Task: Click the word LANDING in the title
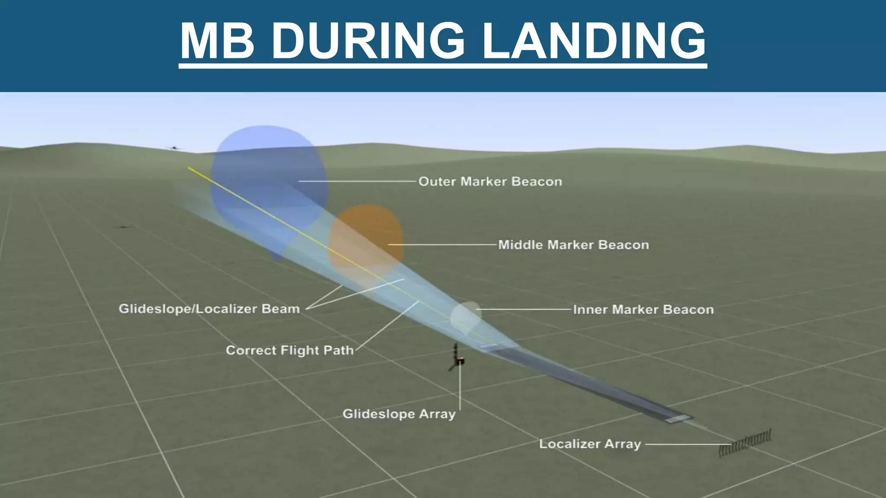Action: (594, 41)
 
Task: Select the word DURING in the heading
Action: (368, 41)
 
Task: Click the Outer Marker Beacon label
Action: (490, 182)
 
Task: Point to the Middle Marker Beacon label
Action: (573, 245)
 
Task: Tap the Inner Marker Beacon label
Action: (643, 310)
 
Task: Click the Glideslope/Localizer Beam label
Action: (209, 309)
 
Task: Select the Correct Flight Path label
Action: (289, 350)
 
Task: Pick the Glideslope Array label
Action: (399, 414)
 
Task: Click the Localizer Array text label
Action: (590, 444)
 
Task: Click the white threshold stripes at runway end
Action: (678, 418)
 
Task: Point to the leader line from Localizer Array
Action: (686, 444)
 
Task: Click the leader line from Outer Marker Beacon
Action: (357, 182)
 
